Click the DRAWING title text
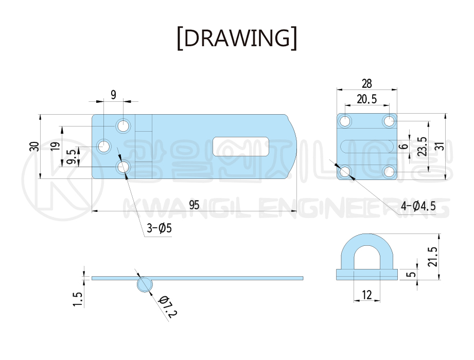[x=237, y=38]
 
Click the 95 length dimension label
[x=195, y=205]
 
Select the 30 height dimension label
[x=34, y=147]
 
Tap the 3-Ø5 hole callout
[x=159, y=228]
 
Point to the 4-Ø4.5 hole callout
[x=418, y=206]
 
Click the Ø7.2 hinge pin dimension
[x=168, y=307]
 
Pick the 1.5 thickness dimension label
[x=77, y=299]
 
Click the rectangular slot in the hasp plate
[x=241, y=147]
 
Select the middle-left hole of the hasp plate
[x=104, y=147]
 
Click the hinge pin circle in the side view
[x=145, y=284]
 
